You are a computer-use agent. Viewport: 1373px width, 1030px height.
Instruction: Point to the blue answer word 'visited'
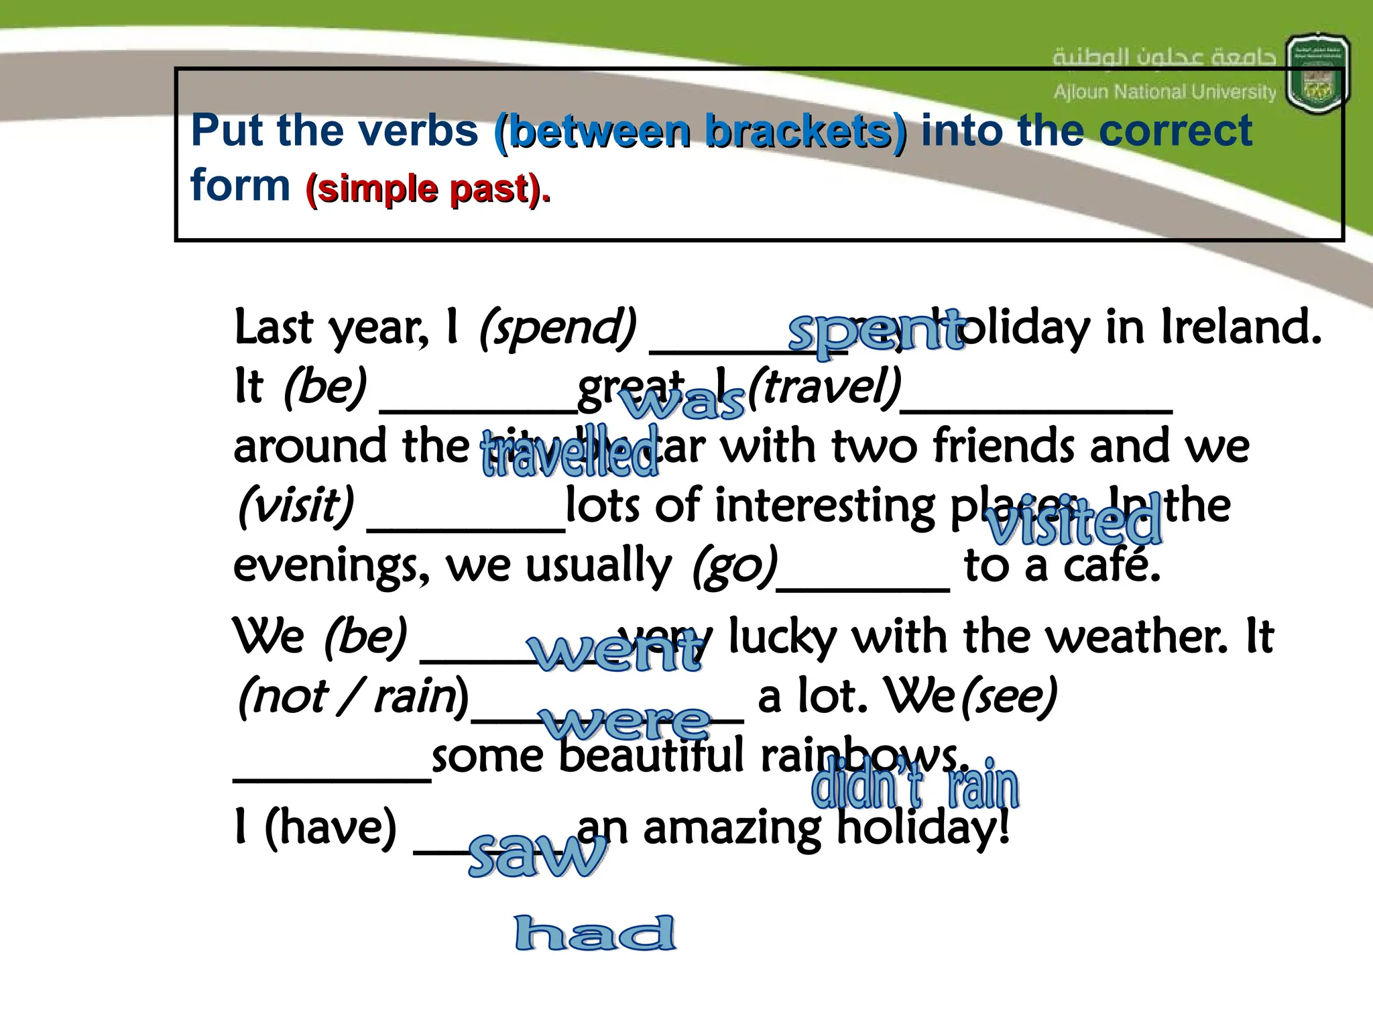tap(1073, 522)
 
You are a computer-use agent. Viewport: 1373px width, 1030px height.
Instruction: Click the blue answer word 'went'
tap(615, 652)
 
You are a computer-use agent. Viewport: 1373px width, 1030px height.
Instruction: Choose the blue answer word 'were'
tap(626, 723)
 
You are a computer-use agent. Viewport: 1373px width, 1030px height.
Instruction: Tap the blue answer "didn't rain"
tap(915, 785)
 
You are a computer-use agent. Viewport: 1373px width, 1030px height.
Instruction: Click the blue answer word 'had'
tap(595, 933)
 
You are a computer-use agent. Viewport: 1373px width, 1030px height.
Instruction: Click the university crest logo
tap(1317, 74)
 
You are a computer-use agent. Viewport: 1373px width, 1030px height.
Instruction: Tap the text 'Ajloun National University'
tap(1165, 92)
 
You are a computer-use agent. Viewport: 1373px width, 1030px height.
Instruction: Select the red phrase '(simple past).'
tap(428, 189)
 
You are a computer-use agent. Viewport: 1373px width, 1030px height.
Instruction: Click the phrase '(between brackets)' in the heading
tap(700, 131)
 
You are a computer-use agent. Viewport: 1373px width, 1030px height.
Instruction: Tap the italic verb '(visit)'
tap(296, 506)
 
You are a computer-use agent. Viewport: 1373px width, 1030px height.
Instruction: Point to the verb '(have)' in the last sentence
tap(331, 828)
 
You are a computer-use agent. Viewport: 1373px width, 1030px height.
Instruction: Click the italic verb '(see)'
tap(1010, 697)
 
